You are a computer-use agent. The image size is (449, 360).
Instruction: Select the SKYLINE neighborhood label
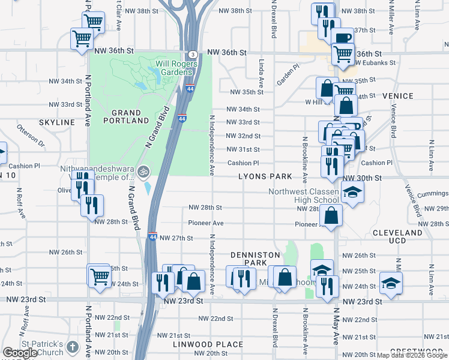tap(56, 122)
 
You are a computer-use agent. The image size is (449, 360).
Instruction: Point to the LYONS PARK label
tap(265, 176)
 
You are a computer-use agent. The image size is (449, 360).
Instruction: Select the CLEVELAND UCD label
tap(397, 236)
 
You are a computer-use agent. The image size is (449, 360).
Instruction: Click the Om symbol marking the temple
tap(143, 172)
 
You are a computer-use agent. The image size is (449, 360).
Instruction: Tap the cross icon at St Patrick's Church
tap(72, 347)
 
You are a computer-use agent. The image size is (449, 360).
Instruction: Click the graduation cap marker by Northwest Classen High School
tap(353, 192)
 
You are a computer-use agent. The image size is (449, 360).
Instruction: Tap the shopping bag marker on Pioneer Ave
tap(331, 214)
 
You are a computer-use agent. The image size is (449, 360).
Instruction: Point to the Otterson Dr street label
tap(31, 136)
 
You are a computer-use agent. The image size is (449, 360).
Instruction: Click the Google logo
tap(19, 353)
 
